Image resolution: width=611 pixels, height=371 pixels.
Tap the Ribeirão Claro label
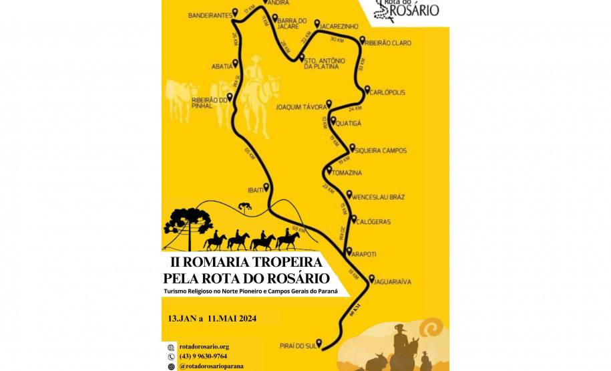(390, 43)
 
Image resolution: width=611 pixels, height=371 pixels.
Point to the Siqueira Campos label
(381, 150)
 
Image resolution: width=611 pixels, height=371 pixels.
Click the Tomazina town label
(348, 173)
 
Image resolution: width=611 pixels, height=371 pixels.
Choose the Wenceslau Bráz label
(378, 197)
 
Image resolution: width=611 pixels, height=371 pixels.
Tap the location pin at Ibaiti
(266, 187)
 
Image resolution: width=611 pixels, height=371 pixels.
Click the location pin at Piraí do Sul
(319, 343)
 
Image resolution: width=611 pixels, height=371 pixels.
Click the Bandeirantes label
(210, 14)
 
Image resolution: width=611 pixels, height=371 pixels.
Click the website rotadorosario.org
(204, 347)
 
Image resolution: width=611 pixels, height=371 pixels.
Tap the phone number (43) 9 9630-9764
(203, 356)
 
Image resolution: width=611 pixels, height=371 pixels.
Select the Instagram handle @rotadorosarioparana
(211, 366)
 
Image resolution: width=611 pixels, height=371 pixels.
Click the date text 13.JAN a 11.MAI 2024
(212, 318)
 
